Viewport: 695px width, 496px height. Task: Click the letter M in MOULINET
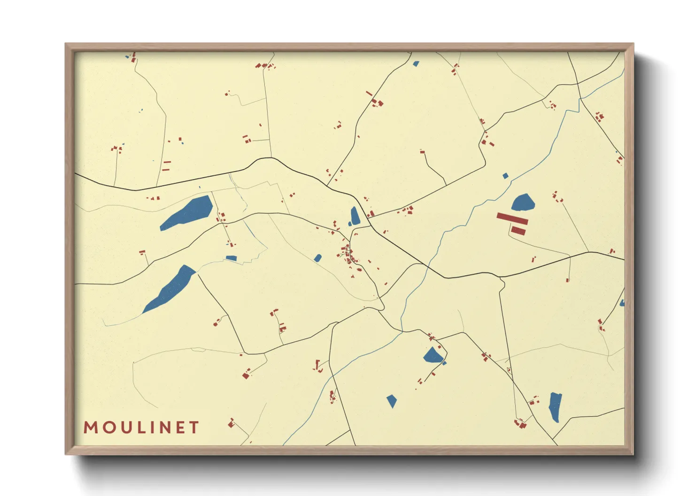[91, 428]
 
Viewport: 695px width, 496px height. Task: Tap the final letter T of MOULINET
[194, 428]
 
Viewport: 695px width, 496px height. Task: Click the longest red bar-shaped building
[512, 218]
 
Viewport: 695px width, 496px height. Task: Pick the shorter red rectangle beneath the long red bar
[518, 231]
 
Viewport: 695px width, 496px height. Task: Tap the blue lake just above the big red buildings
[523, 203]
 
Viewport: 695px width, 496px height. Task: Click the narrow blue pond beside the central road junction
[355, 216]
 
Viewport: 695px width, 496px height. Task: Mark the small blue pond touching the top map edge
[416, 64]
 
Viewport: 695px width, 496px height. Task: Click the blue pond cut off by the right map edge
[622, 303]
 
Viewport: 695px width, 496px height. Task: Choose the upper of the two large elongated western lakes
[187, 213]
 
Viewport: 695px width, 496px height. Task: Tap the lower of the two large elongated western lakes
[170, 289]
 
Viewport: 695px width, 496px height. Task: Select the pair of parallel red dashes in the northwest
[166, 165]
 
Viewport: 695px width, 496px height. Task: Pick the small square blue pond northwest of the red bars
[505, 176]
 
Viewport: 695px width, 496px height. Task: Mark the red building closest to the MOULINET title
[231, 424]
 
